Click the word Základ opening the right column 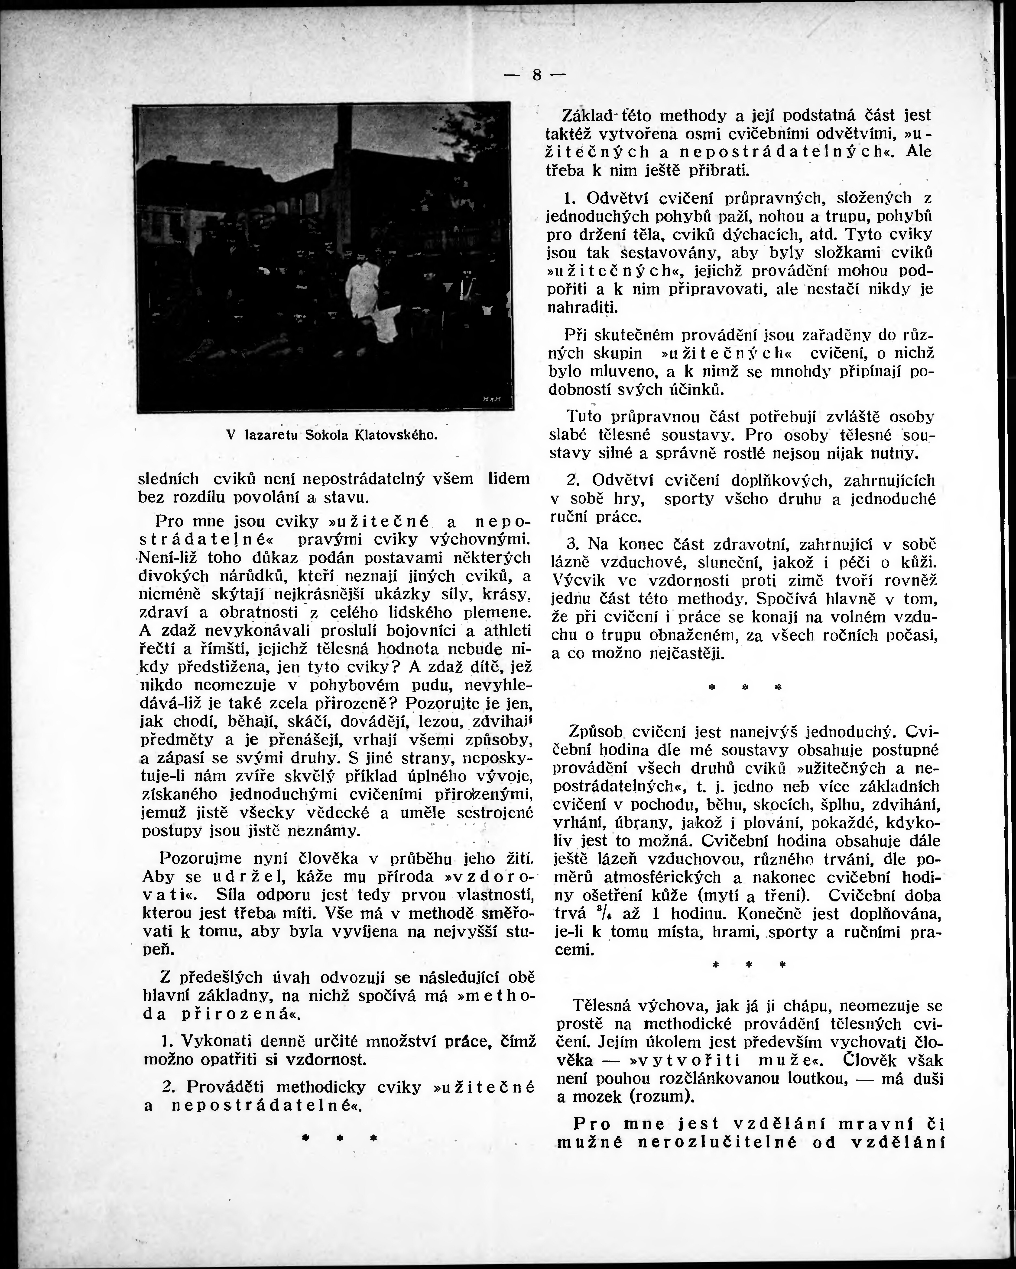click(593, 115)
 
